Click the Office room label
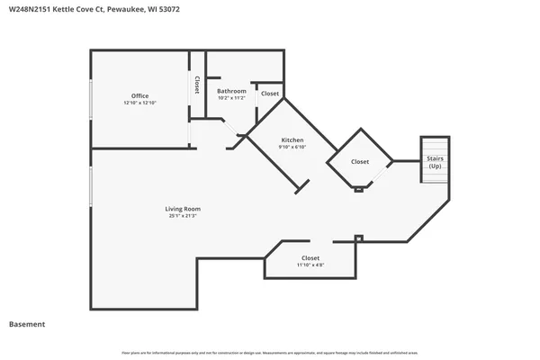(x=139, y=95)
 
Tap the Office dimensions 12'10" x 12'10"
(x=139, y=103)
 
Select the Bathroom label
(x=231, y=91)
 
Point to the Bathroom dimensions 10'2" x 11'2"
(x=231, y=99)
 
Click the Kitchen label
(x=292, y=140)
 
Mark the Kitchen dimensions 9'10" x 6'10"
(x=292, y=148)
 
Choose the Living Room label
(x=182, y=209)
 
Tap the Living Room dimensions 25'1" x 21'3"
(x=182, y=217)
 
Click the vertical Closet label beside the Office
(x=196, y=85)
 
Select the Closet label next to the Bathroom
(x=270, y=94)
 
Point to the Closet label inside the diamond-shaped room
(x=359, y=162)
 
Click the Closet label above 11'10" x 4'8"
(x=310, y=257)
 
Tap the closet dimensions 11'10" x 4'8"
(x=310, y=265)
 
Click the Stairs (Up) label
(x=435, y=163)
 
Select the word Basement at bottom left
(x=27, y=324)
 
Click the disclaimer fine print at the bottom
(x=270, y=351)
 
